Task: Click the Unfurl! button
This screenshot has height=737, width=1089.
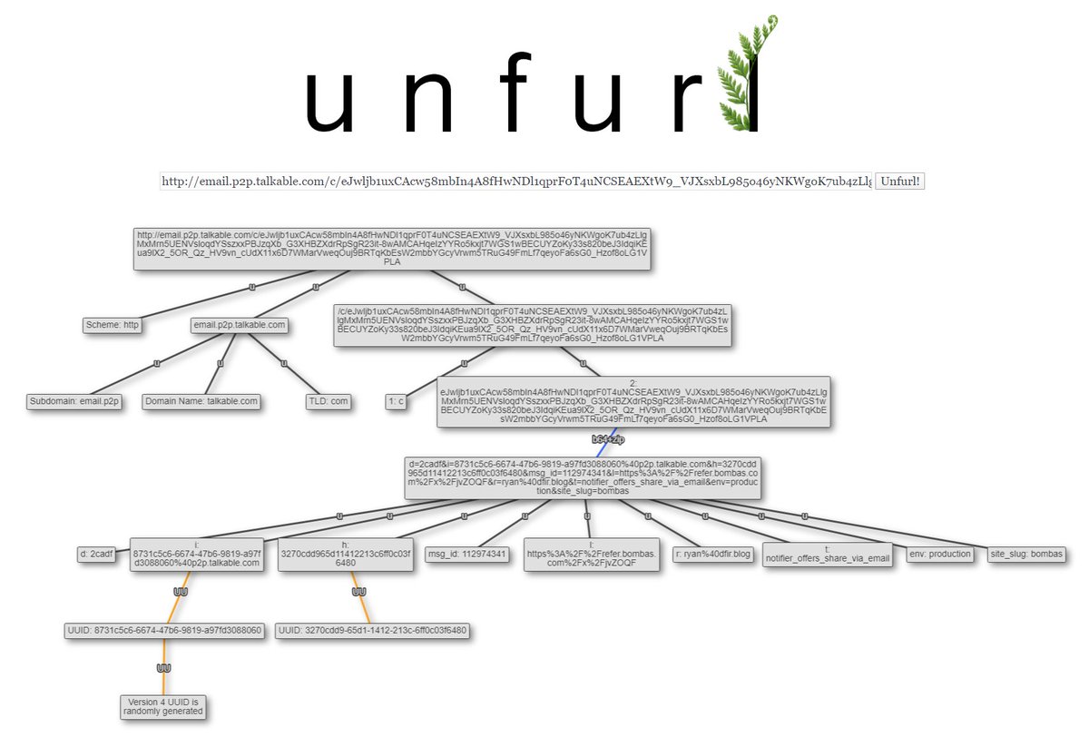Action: coord(900,182)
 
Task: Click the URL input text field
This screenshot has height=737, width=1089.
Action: coord(516,182)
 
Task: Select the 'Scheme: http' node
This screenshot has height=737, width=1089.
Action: coord(113,324)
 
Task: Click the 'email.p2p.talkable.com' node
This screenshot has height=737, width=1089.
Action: coord(240,324)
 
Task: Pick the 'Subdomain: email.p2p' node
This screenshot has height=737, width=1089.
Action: coord(75,401)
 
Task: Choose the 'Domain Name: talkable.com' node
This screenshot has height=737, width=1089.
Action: coord(201,401)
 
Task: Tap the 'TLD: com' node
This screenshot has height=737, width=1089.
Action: coord(328,401)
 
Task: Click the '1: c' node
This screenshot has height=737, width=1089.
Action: coord(396,401)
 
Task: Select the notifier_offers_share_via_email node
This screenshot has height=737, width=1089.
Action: coord(827,555)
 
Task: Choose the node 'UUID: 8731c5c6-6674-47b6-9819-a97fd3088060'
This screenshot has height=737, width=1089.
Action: coord(163,630)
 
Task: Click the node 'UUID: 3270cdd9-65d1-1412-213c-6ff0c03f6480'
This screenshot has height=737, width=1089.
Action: coord(373,630)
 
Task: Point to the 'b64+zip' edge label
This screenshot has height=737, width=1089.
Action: coord(607,438)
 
